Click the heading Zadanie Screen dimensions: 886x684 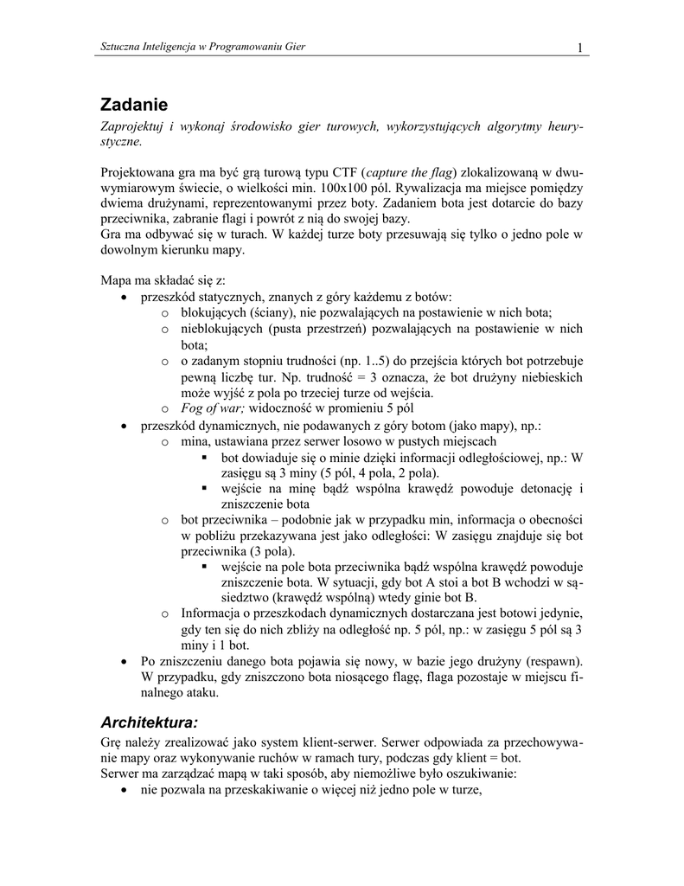pyautogui.click(x=134, y=106)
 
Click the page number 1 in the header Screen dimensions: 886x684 pyautogui.click(x=580, y=47)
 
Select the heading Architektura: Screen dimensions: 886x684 pyautogui.click(x=150, y=722)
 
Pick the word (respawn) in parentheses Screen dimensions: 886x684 pyautogui.click(x=547, y=659)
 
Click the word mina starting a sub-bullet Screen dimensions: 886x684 pyautogui.click(x=196, y=440)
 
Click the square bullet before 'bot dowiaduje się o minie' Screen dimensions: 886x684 pyautogui.click(x=205, y=458)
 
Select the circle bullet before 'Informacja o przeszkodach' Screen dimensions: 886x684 pyautogui.click(x=164, y=613)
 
